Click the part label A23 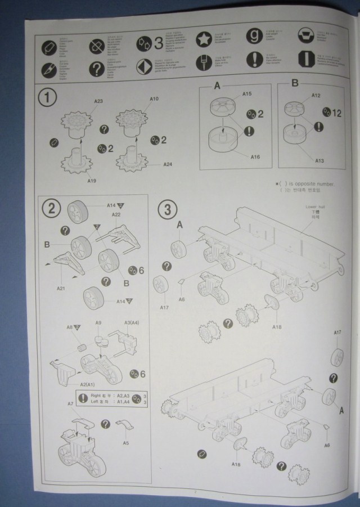(x=98, y=101)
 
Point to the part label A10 (x=154, y=99)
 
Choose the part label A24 (x=168, y=164)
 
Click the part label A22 (x=116, y=214)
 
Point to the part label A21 (x=61, y=288)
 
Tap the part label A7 (x=71, y=403)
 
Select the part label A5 (x=126, y=443)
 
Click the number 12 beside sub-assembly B (x=336, y=113)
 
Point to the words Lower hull (x=312, y=207)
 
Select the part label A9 (x=98, y=323)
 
